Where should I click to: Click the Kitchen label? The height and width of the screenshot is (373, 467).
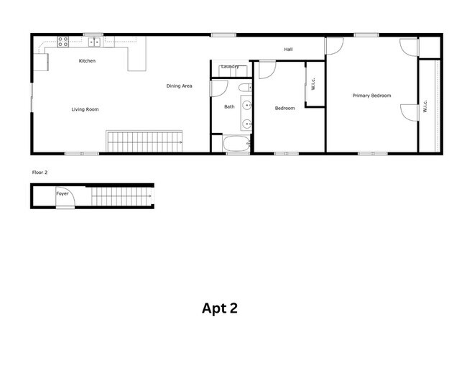pyautogui.click(x=87, y=61)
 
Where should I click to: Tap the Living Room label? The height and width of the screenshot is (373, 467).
pyautogui.click(x=85, y=109)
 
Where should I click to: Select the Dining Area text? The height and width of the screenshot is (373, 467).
pyautogui.click(x=179, y=86)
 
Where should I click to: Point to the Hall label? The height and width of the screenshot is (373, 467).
pyautogui.click(x=288, y=49)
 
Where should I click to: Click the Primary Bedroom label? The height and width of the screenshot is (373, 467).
pyautogui.click(x=371, y=96)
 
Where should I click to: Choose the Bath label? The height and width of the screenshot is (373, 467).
pyautogui.click(x=229, y=106)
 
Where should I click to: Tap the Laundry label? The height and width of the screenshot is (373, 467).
pyautogui.click(x=230, y=66)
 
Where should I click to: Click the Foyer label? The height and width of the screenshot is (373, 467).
pyautogui.click(x=63, y=193)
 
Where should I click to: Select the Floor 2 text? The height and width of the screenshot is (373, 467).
pyautogui.click(x=40, y=172)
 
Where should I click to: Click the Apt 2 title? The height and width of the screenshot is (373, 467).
pyautogui.click(x=220, y=308)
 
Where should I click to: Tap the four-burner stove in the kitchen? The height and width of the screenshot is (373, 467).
pyautogui.click(x=63, y=42)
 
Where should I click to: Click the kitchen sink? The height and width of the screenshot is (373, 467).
pyautogui.click(x=96, y=42)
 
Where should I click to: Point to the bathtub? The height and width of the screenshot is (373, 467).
pyautogui.click(x=237, y=144)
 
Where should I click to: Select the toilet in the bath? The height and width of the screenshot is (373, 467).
pyautogui.click(x=246, y=88)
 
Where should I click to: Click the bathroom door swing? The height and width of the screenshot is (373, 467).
pyautogui.click(x=219, y=89)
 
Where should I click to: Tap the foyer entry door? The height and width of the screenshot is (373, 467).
pyautogui.click(x=65, y=197)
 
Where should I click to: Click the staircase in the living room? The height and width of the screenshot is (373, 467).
pyautogui.click(x=144, y=142)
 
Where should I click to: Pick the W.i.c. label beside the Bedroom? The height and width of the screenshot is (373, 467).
pyautogui.click(x=313, y=83)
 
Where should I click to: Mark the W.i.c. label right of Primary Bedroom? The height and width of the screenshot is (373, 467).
pyautogui.click(x=425, y=106)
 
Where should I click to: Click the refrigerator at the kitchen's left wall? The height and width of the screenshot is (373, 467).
pyautogui.click(x=41, y=63)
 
